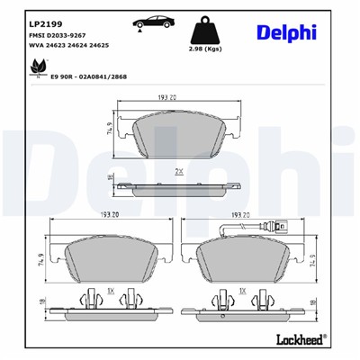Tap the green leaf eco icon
(37, 67)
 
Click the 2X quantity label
(179, 169)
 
